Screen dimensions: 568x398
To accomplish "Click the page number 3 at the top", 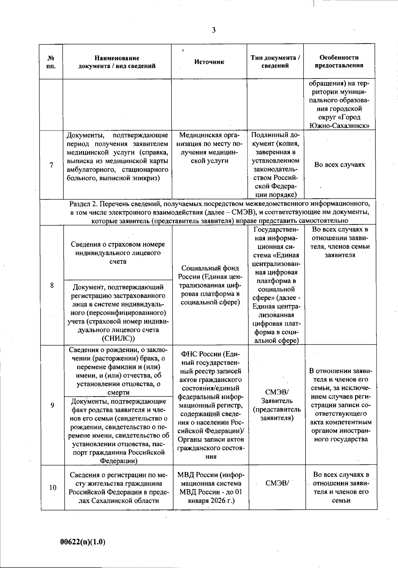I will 214,30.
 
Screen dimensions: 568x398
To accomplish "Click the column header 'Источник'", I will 209,62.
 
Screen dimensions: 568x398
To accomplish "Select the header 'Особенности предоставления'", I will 339,61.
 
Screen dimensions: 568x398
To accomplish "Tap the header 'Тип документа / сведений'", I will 275,61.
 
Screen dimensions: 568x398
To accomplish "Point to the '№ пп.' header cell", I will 51,61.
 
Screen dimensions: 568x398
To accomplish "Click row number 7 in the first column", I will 51,165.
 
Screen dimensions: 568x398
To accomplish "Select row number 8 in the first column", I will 52,285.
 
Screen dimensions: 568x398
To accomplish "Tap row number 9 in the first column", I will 52,405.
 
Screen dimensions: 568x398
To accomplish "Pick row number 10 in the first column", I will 53,488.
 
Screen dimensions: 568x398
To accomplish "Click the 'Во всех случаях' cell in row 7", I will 339,165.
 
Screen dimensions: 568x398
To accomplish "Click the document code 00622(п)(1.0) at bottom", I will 83,541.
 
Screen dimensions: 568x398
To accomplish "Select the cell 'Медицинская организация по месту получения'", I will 209,148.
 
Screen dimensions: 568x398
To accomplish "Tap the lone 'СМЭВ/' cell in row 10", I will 277,483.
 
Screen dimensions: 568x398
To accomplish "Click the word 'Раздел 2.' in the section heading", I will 82,204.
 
